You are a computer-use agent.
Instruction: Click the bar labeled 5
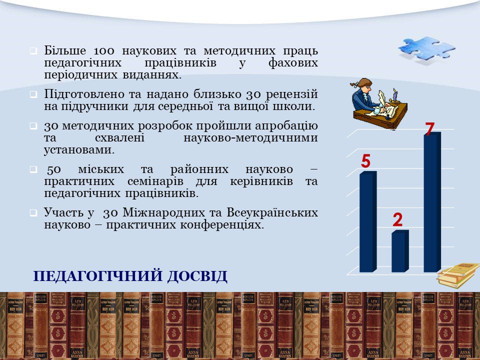(x=368, y=221)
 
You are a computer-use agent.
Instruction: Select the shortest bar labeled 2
(x=400, y=251)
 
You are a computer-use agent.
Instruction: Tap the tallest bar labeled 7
(x=432, y=202)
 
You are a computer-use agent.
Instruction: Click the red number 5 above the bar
(x=366, y=161)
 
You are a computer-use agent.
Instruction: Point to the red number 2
(x=397, y=219)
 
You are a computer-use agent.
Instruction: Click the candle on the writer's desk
(x=395, y=95)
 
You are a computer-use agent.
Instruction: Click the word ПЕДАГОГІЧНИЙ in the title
(x=98, y=276)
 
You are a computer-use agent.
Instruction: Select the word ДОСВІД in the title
(x=197, y=276)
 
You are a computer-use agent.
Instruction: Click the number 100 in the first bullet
(x=104, y=50)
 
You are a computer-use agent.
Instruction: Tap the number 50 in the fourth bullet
(x=54, y=169)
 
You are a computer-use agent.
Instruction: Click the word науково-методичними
(x=250, y=138)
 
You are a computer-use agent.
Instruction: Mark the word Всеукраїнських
(x=272, y=212)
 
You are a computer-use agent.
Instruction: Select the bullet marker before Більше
(x=33, y=51)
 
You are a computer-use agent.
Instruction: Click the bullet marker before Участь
(x=33, y=213)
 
